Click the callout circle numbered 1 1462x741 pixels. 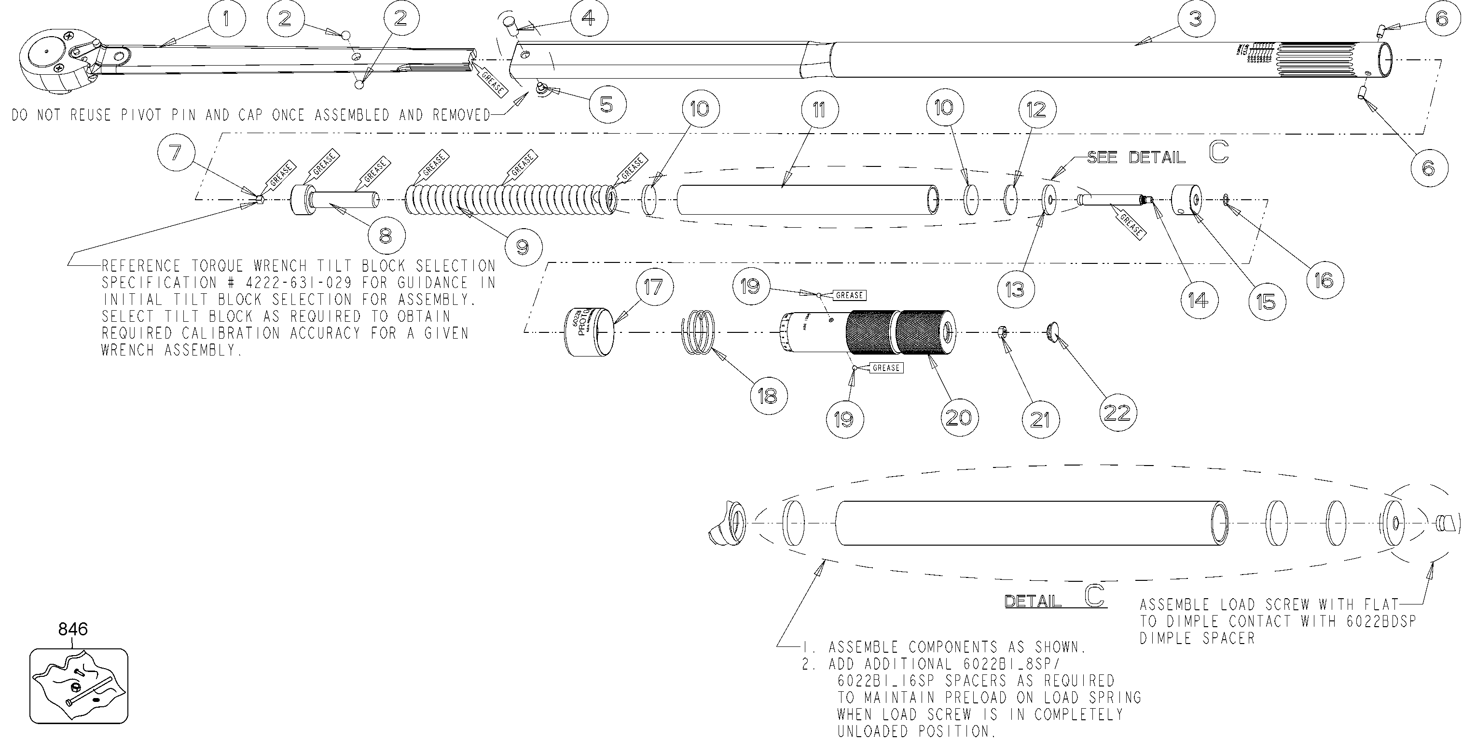[226, 19]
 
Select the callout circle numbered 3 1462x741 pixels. [1196, 19]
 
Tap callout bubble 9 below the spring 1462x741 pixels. [523, 247]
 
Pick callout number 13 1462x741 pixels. [1015, 290]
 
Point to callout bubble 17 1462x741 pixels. [653, 287]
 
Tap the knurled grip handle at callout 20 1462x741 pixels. [899, 332]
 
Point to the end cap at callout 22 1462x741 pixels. [1053, 332]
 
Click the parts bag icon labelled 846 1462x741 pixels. [78, 686]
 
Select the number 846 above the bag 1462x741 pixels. [73, 629]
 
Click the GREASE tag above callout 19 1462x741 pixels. [850, 295]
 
